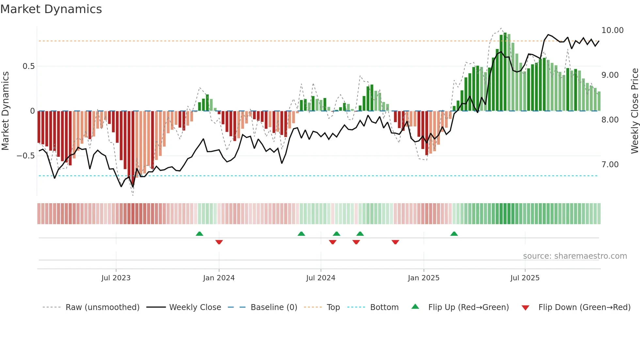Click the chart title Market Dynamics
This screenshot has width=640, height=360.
pyautogui.click(x=51, y=9)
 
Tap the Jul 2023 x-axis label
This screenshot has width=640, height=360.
pyautogui.click(x=116, y=278)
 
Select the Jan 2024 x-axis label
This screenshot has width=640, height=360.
pyautogui.click(x=219, y=278)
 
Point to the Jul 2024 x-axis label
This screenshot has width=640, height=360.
pyautogui.click(x=321, y=278)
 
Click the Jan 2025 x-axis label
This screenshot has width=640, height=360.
pyautogui.click(x=424, y=278)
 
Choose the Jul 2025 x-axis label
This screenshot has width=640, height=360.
pyautogui.click(x=525, y=278)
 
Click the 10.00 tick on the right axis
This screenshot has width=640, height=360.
pyautogui.click(x=612, y=30)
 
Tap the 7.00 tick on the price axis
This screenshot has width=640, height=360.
pyautogui.click(x=610, y=165)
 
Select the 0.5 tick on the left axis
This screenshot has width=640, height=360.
pyautogui.click(x=28, y=66)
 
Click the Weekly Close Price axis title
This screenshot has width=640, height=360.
pyautogui.click(x=634, y=111)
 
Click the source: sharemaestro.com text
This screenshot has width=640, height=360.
pyautogui.click(x=575, y=256)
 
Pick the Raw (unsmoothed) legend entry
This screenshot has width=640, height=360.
pyautogui.click(x=102, y=307)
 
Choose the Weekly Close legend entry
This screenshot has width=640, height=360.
pyautogui.click(x=195, y=307)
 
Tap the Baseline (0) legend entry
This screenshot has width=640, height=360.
pyautogui.click(x=274, y=307)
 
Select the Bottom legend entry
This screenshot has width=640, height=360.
pyautogui.click(x=384, y=307)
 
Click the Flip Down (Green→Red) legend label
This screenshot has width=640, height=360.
pyautogui.click(x=584, y=307)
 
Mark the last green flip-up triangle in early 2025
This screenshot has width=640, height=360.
pyautogui.click(x=454, y=234)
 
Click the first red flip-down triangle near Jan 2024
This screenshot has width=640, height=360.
pyautogui.click(x=219, y=242)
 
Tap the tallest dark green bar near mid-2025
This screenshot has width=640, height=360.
pyautogui.click(x=505, y=72)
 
